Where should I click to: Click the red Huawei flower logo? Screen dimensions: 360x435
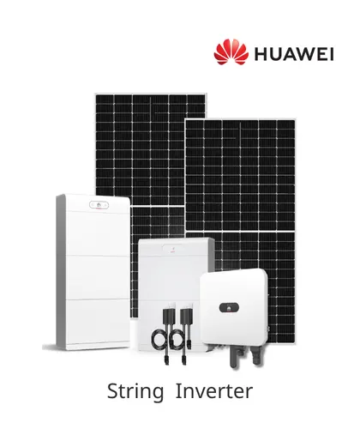tap(231, 51)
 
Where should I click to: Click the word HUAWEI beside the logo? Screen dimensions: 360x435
tap(294, 54)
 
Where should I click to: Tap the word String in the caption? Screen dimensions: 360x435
tap(135, 391)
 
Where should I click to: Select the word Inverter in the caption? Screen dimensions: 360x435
tap(214, 391)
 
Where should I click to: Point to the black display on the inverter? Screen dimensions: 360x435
tap(229, 308)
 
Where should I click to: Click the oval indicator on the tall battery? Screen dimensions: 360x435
tap(99, 205)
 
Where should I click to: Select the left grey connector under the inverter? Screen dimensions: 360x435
tap(236, 357)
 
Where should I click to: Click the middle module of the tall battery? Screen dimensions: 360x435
tap(97, 277)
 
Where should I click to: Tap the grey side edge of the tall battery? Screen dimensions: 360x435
tap(61, 272)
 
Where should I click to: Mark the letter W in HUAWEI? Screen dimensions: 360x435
tap(306, 54)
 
